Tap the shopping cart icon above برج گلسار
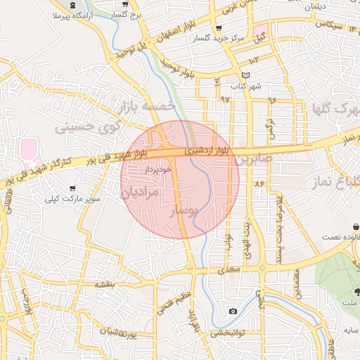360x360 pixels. [x=124, y=4]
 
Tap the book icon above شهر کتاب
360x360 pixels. [x=245, y=75]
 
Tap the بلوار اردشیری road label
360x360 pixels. [x=207, y=150]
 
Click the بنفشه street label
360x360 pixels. [x=104, y=283]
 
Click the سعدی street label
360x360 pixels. [x=229, y=269]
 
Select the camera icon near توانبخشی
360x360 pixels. [x=233, y=311]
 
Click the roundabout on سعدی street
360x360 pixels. [x=262, y=267]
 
